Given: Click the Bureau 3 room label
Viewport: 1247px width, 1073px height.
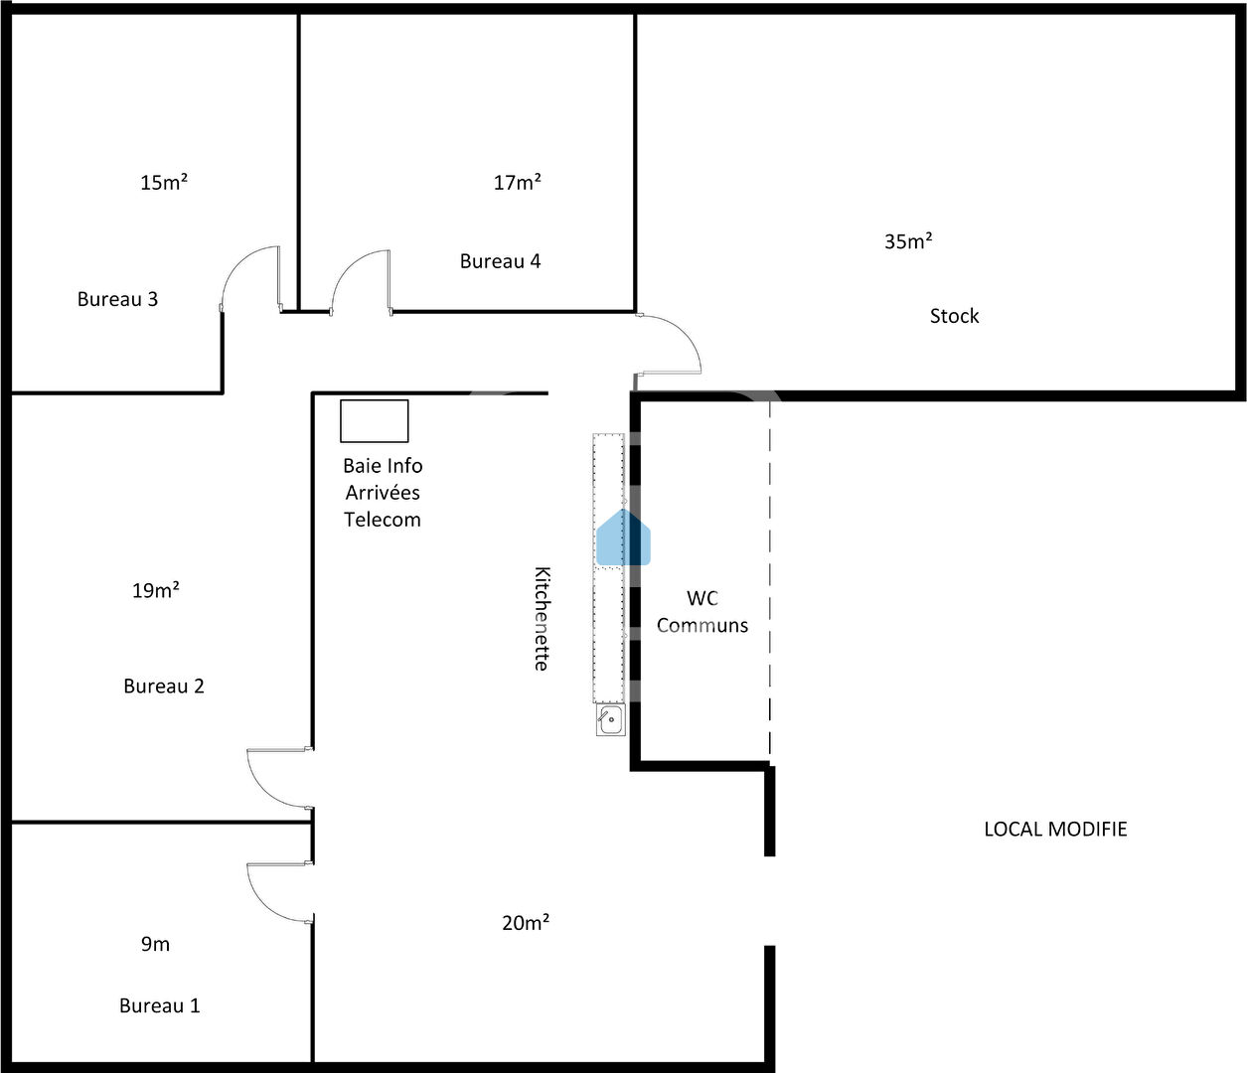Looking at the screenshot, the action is [117, 299].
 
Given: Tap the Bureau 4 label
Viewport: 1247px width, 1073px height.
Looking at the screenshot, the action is [500, 261].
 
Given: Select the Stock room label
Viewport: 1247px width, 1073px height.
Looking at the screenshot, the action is [954, 316].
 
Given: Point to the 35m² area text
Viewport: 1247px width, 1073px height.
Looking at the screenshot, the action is [908, 241].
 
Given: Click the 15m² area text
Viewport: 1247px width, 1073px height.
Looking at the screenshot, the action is [164, 182].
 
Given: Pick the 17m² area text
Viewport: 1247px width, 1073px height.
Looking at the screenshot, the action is [517, 182].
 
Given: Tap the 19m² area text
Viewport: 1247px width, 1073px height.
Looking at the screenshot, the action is [156, 590].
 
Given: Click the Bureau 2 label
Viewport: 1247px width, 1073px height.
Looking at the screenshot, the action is [164, 687].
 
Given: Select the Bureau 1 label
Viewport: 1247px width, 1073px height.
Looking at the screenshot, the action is [159, 1006].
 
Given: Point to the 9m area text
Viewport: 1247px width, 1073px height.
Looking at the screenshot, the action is [155, 944].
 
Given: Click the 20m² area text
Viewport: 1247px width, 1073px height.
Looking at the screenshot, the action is [526, 923].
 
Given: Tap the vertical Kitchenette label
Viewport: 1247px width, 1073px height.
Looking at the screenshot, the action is [542, 619].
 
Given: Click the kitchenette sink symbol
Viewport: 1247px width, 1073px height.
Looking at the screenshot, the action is [610, 720].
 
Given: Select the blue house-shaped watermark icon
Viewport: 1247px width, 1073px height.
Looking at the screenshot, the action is [623, 537].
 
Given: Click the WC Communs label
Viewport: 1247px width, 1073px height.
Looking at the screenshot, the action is [702, 612].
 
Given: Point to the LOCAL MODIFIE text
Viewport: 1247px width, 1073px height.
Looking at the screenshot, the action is [1055, 830].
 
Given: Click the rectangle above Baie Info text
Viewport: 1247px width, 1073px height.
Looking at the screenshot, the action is [374, 421].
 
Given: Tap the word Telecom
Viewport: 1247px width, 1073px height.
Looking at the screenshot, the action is [383, 520].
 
